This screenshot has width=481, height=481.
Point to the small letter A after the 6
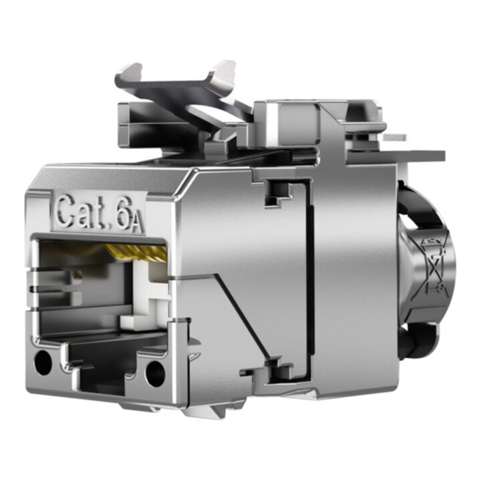[x=138, y=224]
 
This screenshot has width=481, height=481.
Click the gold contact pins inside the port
[x=136, y=252]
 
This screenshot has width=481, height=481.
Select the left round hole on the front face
[x=43, y=363]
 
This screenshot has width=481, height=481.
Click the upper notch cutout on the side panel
[x=278, y=192]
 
